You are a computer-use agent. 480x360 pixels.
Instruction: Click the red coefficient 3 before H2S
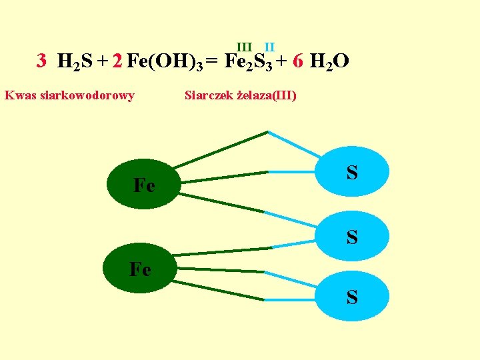[x=41, y=62]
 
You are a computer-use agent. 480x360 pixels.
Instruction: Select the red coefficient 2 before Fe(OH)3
[x=117, y=62]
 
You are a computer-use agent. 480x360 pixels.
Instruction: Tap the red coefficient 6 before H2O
[x=298, y=62]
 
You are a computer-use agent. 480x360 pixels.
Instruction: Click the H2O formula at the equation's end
[x=329, y=63]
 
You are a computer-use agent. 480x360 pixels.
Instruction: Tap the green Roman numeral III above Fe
[x=244, y=47]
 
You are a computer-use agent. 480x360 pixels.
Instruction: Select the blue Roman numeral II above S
[x=269, y=47]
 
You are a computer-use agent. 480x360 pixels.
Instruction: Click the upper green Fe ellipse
[x=145, y=185]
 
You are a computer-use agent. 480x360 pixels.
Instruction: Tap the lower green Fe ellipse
[x=141, y=269]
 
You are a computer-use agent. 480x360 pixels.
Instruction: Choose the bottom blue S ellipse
[x=351, y=297]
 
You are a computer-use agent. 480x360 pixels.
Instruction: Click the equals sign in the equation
[x=211, y=63]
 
